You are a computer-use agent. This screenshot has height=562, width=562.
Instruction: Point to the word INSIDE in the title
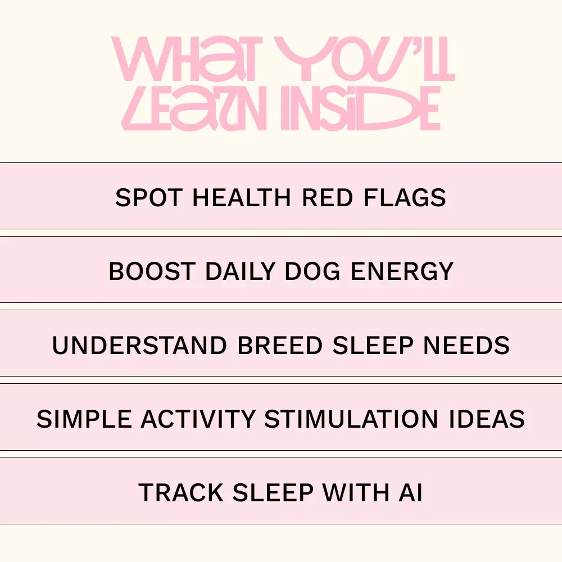(x=360, y=108)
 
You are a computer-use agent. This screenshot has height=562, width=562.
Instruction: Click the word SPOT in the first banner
(x=149, y=197)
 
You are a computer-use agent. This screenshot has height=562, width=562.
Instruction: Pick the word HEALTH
(x=242, y=197)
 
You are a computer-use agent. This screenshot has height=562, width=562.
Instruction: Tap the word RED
(x=327, y=197)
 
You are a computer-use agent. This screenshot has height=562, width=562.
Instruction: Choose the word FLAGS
(x=405, y=197)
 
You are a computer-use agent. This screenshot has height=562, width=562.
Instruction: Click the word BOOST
(x=152, y=271)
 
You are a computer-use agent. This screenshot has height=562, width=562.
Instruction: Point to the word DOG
(x=312, y=271)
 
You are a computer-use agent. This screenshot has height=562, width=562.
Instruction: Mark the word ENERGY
(x=402, y=271)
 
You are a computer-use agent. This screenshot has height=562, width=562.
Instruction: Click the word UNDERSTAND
(x=139, y=346)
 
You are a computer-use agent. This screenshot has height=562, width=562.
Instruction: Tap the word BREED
(x=280, y=346)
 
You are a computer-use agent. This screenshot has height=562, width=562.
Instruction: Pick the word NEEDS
(x=466, y=346)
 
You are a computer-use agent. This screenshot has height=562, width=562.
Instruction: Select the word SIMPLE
(x=84, y=419)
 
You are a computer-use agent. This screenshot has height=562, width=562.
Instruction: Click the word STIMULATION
(x=351, y=419)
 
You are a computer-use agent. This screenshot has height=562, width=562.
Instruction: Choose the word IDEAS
(x=487, y=419)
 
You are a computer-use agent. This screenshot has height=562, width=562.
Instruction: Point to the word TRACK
(x=181, y=493)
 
